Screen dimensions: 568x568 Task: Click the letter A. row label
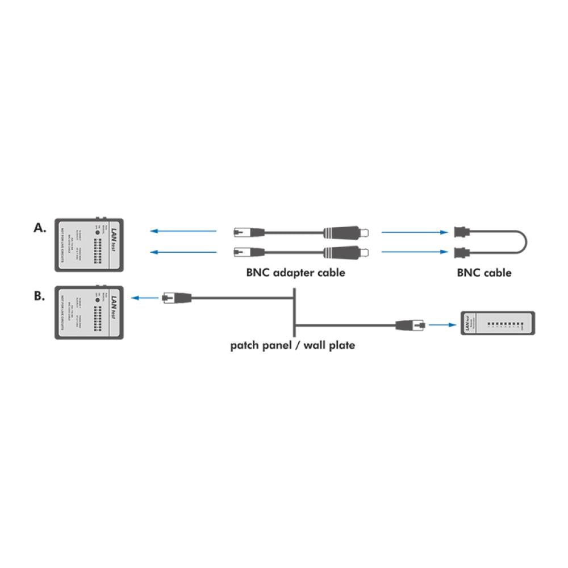click(x=39, y=228)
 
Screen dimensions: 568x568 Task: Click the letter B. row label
click(x=39, y=296)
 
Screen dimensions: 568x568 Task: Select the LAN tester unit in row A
click(x=89, y=244)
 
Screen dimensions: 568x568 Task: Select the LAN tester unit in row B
click(x=89, y=312)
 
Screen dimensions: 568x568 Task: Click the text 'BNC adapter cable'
click(x=295, y=273)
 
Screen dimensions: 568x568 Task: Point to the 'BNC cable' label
click(x=484, y=273)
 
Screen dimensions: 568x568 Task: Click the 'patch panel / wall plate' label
click(x=293, y=345)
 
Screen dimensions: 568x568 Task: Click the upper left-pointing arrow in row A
click(x=183, y=231)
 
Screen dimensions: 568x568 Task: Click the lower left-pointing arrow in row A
click(x=183, y=252)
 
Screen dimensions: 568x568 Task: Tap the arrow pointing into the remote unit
click(x=442, y=325)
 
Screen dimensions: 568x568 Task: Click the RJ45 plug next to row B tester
click(x=176, y=297)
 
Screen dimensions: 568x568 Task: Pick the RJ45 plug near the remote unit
click(x=410, y=325)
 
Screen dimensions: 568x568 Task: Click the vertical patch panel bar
click(x=294, y=312)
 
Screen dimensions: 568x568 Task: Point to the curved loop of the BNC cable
click(x=525, y=241)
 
